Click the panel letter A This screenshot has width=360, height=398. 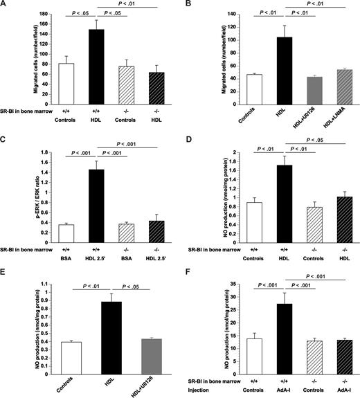click(5, 5)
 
